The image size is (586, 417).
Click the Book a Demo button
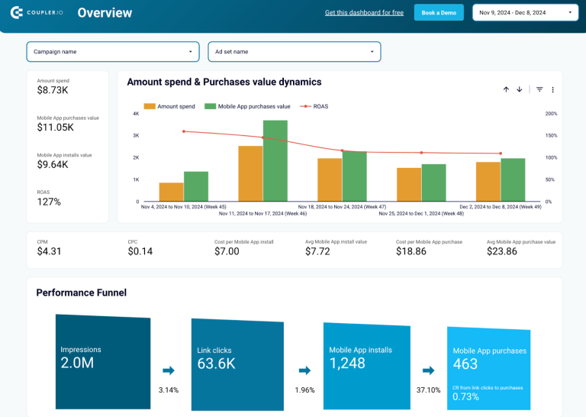pyautogui.click(x=439, y=12)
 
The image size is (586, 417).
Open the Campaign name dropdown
pyautogui.click(x=113, y=51)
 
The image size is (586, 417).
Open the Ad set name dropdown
pyautogui.click(x=294, y=51)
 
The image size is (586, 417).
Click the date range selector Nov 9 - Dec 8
pyautogui.click(x=526, y=12)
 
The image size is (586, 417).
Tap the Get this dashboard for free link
pyautogui.click(x=364, y=13)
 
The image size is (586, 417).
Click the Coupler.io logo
pyautogui.click(x=38, y=12)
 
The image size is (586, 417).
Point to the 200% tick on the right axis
pyautogui.click(x=551, y=114)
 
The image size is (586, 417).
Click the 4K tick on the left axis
pyautogui.click(x=136, y=114)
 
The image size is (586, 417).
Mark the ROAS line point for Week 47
pyautogui.click(x=342, y=150)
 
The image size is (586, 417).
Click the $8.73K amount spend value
pyautogui.click(x=53, y=90)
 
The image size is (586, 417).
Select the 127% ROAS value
pyautogui.click(x=49, y=202)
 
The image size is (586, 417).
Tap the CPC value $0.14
pyautogui.click(x=140, y=251)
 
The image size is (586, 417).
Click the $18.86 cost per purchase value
pyautogui.click(x=412, y=251)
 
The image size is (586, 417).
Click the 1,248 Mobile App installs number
pyautogui.click(x=347, y=364)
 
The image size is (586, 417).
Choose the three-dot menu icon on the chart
pyautogui.click(x=552, y=89)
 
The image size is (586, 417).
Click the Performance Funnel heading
pyautogui.click(x=81, y=293)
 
